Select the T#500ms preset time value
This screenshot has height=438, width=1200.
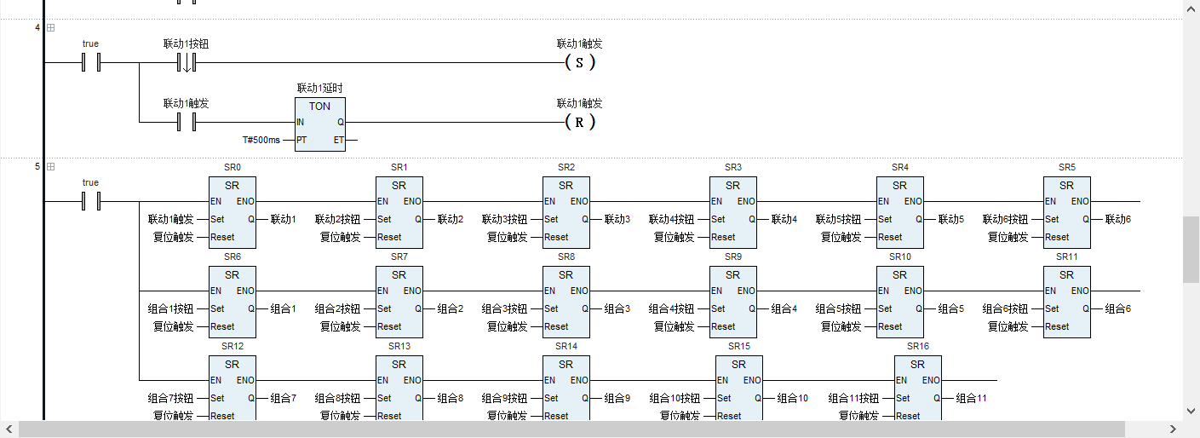tap(261, 140)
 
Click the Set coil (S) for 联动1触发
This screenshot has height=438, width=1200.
tap(580, 63)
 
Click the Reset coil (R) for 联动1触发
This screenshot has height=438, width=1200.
tap(580, 123)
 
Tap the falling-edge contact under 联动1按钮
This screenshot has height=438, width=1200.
tap(187, 63)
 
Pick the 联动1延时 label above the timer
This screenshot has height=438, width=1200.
tap(319, 88)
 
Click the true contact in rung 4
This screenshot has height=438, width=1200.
tap(90, 63)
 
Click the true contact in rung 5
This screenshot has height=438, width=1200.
tap(90, 202)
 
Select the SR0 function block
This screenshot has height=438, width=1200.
tap(232, 212)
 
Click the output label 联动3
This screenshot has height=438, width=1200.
tap(617, 219)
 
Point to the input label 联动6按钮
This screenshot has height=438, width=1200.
tap(1006, 219)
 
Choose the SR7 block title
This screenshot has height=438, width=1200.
tap(399, 256)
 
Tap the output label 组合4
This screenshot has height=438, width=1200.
tap(784, 308)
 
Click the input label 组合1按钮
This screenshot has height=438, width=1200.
tap(171, 308)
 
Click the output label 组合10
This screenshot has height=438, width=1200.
tap(792, 398)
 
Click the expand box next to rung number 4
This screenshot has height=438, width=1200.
tap(50, 28)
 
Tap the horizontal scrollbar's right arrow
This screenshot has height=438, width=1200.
tap(1173, 429)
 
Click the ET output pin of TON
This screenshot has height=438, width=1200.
tap(339, 140)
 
